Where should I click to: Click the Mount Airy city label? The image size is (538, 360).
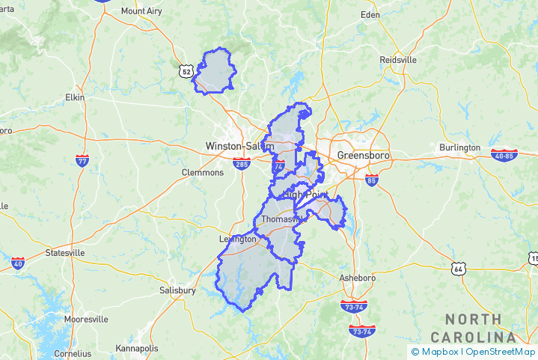point(143,11)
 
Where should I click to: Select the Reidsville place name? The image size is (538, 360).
point(397,60)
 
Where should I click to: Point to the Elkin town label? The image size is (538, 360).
point(75,97)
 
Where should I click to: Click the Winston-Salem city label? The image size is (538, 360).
point(234,146)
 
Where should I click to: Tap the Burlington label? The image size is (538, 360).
point(459,147)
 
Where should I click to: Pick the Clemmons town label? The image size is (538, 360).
point(202,172)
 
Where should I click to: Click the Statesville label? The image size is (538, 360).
point(65,253)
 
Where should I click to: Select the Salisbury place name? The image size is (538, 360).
point(177,290)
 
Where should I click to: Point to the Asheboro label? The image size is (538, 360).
point(357,278)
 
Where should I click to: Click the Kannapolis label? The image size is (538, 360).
point(137,349)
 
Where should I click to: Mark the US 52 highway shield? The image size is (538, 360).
point(186,70)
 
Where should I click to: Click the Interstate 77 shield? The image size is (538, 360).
point(82,159)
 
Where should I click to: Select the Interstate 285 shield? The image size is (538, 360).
point(241,163)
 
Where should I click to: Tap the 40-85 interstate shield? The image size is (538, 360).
point(504,155)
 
